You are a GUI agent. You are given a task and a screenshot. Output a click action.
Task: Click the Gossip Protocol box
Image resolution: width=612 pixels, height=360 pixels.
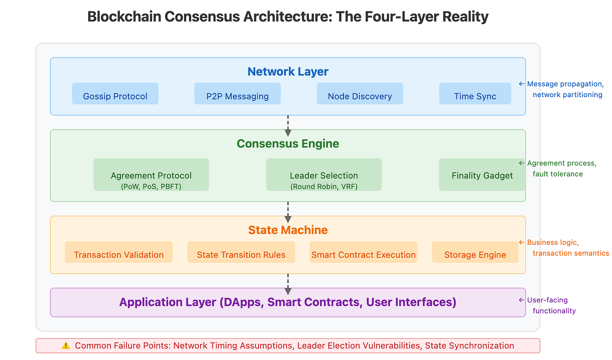point(115,94)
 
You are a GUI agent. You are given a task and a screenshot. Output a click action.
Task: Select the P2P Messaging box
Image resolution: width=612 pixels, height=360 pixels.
point(237,94)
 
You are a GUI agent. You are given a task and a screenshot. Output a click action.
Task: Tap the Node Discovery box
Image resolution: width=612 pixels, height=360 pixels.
point(360,94)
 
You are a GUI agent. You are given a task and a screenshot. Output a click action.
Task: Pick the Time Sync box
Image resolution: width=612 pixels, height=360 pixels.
point(475,94)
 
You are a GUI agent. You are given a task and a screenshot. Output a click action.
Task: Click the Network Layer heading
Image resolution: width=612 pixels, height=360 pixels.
point(288,71)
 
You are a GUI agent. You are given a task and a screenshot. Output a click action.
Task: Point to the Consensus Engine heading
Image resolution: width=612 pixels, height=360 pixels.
point(288,143)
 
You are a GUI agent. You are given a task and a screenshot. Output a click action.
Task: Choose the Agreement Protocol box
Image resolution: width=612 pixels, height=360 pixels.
point(151,175)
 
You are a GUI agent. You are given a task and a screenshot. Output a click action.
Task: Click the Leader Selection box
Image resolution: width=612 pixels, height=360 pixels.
point(324,175)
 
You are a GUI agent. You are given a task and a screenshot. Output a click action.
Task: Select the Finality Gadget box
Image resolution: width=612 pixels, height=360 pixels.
point(482,175)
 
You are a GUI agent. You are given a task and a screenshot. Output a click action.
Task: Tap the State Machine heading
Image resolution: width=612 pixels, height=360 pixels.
point(288,230)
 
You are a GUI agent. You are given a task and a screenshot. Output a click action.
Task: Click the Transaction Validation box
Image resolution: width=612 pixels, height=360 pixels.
point(119,252)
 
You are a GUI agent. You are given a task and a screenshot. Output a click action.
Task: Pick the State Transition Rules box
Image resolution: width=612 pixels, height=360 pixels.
point(241,252)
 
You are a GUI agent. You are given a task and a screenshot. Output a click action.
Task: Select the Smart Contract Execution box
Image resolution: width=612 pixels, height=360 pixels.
point(364,252)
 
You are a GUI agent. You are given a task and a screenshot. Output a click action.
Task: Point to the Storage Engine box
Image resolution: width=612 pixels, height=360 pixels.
point(475,252)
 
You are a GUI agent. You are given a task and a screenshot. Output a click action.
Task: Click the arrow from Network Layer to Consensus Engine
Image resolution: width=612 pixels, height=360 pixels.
point(288,125)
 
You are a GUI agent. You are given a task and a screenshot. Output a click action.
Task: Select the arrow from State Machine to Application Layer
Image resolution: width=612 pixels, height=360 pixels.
point(288,284)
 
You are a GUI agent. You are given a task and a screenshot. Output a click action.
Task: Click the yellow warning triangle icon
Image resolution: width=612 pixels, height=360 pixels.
point(66,346)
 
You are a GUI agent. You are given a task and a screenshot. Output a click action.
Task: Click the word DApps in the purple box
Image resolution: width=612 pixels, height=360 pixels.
point(241,302)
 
